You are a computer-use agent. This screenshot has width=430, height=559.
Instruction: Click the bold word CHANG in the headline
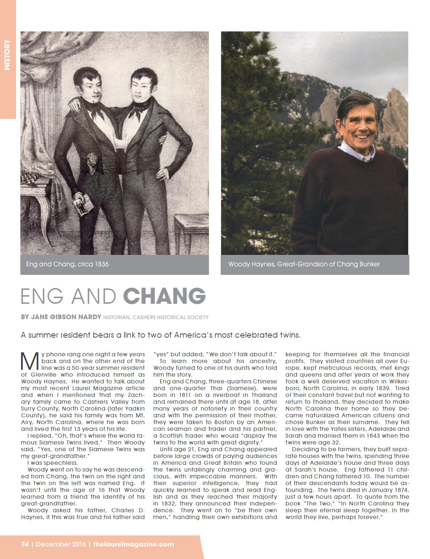click(x=164, y=296)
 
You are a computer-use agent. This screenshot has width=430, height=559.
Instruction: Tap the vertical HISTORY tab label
click(x=7, y=55)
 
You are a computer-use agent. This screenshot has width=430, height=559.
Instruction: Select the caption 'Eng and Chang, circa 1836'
click(x=67, y=265)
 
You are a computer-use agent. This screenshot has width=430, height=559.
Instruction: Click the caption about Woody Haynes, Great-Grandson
click(x=304, y=265)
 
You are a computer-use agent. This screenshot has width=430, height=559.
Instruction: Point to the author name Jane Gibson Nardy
click(x=65, y=317)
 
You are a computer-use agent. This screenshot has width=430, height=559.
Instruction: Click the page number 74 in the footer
click(x=25, y=544)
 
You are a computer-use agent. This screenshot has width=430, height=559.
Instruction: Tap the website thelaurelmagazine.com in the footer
click(x=133, y=544)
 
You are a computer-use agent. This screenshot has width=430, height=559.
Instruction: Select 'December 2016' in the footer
click(x=61, y=544)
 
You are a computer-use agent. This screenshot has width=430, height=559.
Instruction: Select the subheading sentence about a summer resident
click(x=161, y=335)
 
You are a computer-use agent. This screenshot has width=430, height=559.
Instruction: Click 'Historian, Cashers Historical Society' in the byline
click(x=156, y=317)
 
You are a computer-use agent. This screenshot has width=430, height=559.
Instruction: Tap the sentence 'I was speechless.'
click(x=52, y=463)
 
